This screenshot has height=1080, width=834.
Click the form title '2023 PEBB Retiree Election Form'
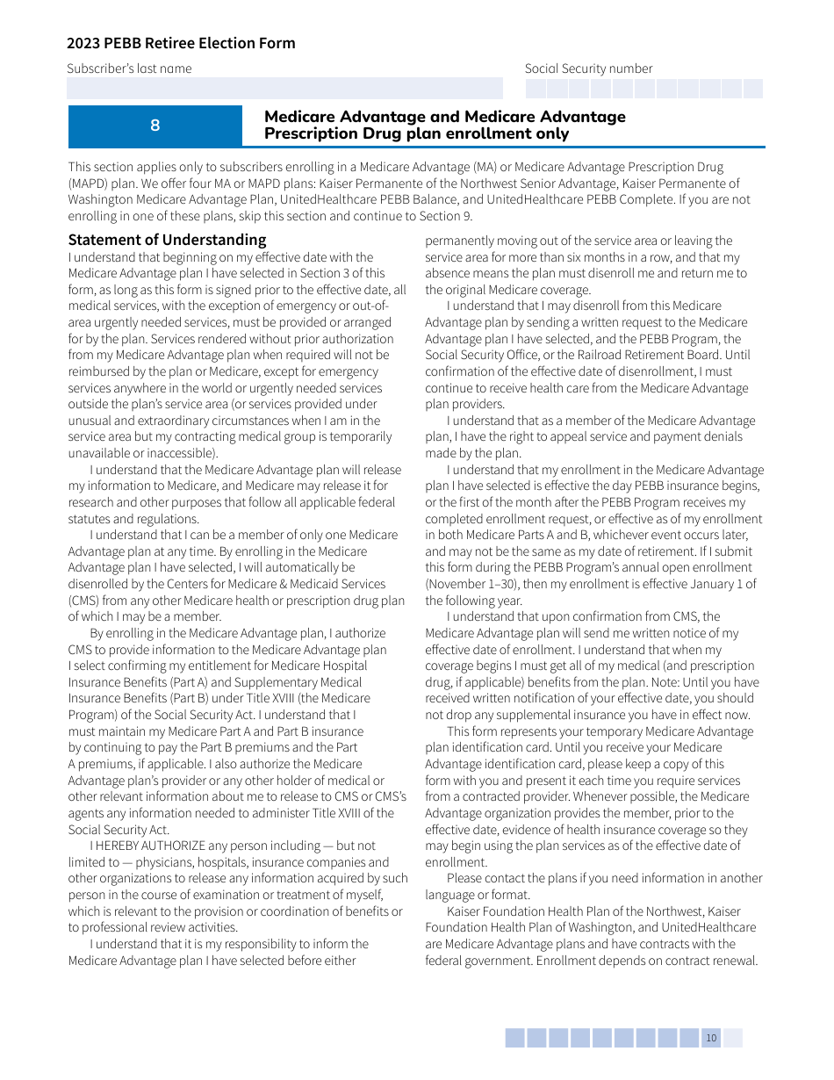point(181,43)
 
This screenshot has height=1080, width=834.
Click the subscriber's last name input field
point(285,88)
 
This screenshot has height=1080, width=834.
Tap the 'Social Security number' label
point(588,68)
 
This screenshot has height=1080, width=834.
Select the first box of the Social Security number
point(536,89)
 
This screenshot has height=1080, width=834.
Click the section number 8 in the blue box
point(155,126)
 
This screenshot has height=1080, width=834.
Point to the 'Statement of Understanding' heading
point(167,240)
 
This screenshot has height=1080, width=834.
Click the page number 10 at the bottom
point(711,1038)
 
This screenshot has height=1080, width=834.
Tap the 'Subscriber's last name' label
point(129,68)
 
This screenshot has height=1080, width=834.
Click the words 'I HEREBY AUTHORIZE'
point(145,846)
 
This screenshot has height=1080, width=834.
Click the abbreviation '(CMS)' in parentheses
point(86,601)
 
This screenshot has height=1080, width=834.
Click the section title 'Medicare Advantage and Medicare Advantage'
point(445,117)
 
